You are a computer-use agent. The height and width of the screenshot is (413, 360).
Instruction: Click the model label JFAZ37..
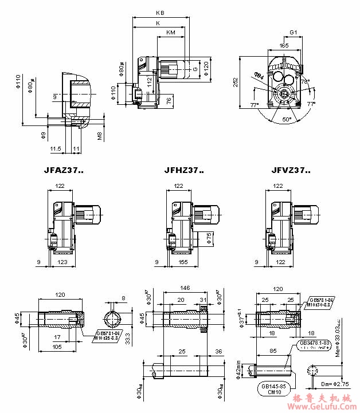[64, 170]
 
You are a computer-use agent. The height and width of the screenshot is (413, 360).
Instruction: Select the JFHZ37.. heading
[183, 170]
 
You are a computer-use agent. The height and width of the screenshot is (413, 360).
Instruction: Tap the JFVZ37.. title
[291, 170]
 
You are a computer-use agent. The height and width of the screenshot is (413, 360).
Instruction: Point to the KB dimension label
[161, 13]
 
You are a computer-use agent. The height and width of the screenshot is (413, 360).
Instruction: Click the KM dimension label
[170, 33]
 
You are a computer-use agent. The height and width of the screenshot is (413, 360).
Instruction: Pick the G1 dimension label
[294, 33]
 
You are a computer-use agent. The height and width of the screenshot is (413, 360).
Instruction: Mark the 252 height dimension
[236, 82]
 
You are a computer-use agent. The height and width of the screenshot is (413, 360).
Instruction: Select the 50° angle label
[287, 119]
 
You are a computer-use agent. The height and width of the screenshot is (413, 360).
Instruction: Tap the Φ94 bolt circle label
[259, 75]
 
